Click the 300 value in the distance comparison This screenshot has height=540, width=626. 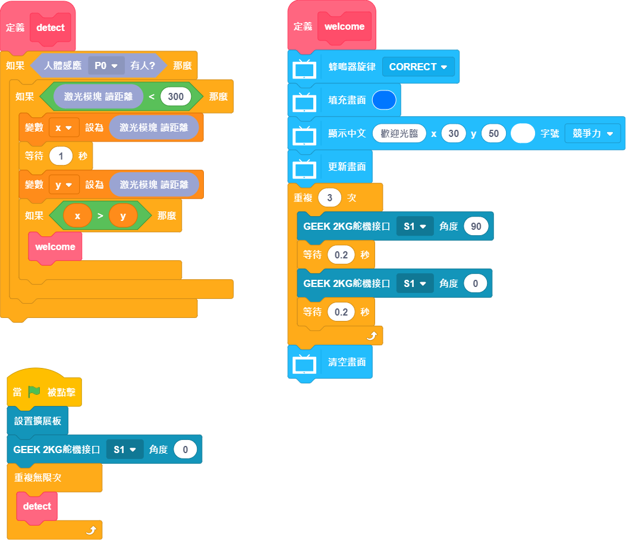(175, 96)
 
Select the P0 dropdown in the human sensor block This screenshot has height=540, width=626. (106, 65)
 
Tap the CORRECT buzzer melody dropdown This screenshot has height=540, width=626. (418, 67)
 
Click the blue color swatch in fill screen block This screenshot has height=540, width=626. (384, 100)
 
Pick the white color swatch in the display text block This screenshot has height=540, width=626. (523, 133)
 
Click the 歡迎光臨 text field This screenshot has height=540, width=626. (399, 133)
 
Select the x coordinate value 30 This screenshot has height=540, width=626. (453, 133)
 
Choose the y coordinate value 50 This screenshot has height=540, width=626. (493, 133)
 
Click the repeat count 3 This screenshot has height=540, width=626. (329, 198)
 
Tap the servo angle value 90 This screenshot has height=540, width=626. (476, 226)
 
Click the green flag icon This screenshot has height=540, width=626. (34, 392)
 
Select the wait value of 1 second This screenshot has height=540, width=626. (61, 156)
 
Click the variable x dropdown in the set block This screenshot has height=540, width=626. (64, 128)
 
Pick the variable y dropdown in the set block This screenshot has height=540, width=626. (64, 185)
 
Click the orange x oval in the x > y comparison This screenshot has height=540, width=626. (77, 216)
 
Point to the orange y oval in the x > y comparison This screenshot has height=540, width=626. (123, 216)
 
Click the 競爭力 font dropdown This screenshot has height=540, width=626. (593, 133)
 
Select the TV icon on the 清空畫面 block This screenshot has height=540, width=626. (304, 363)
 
